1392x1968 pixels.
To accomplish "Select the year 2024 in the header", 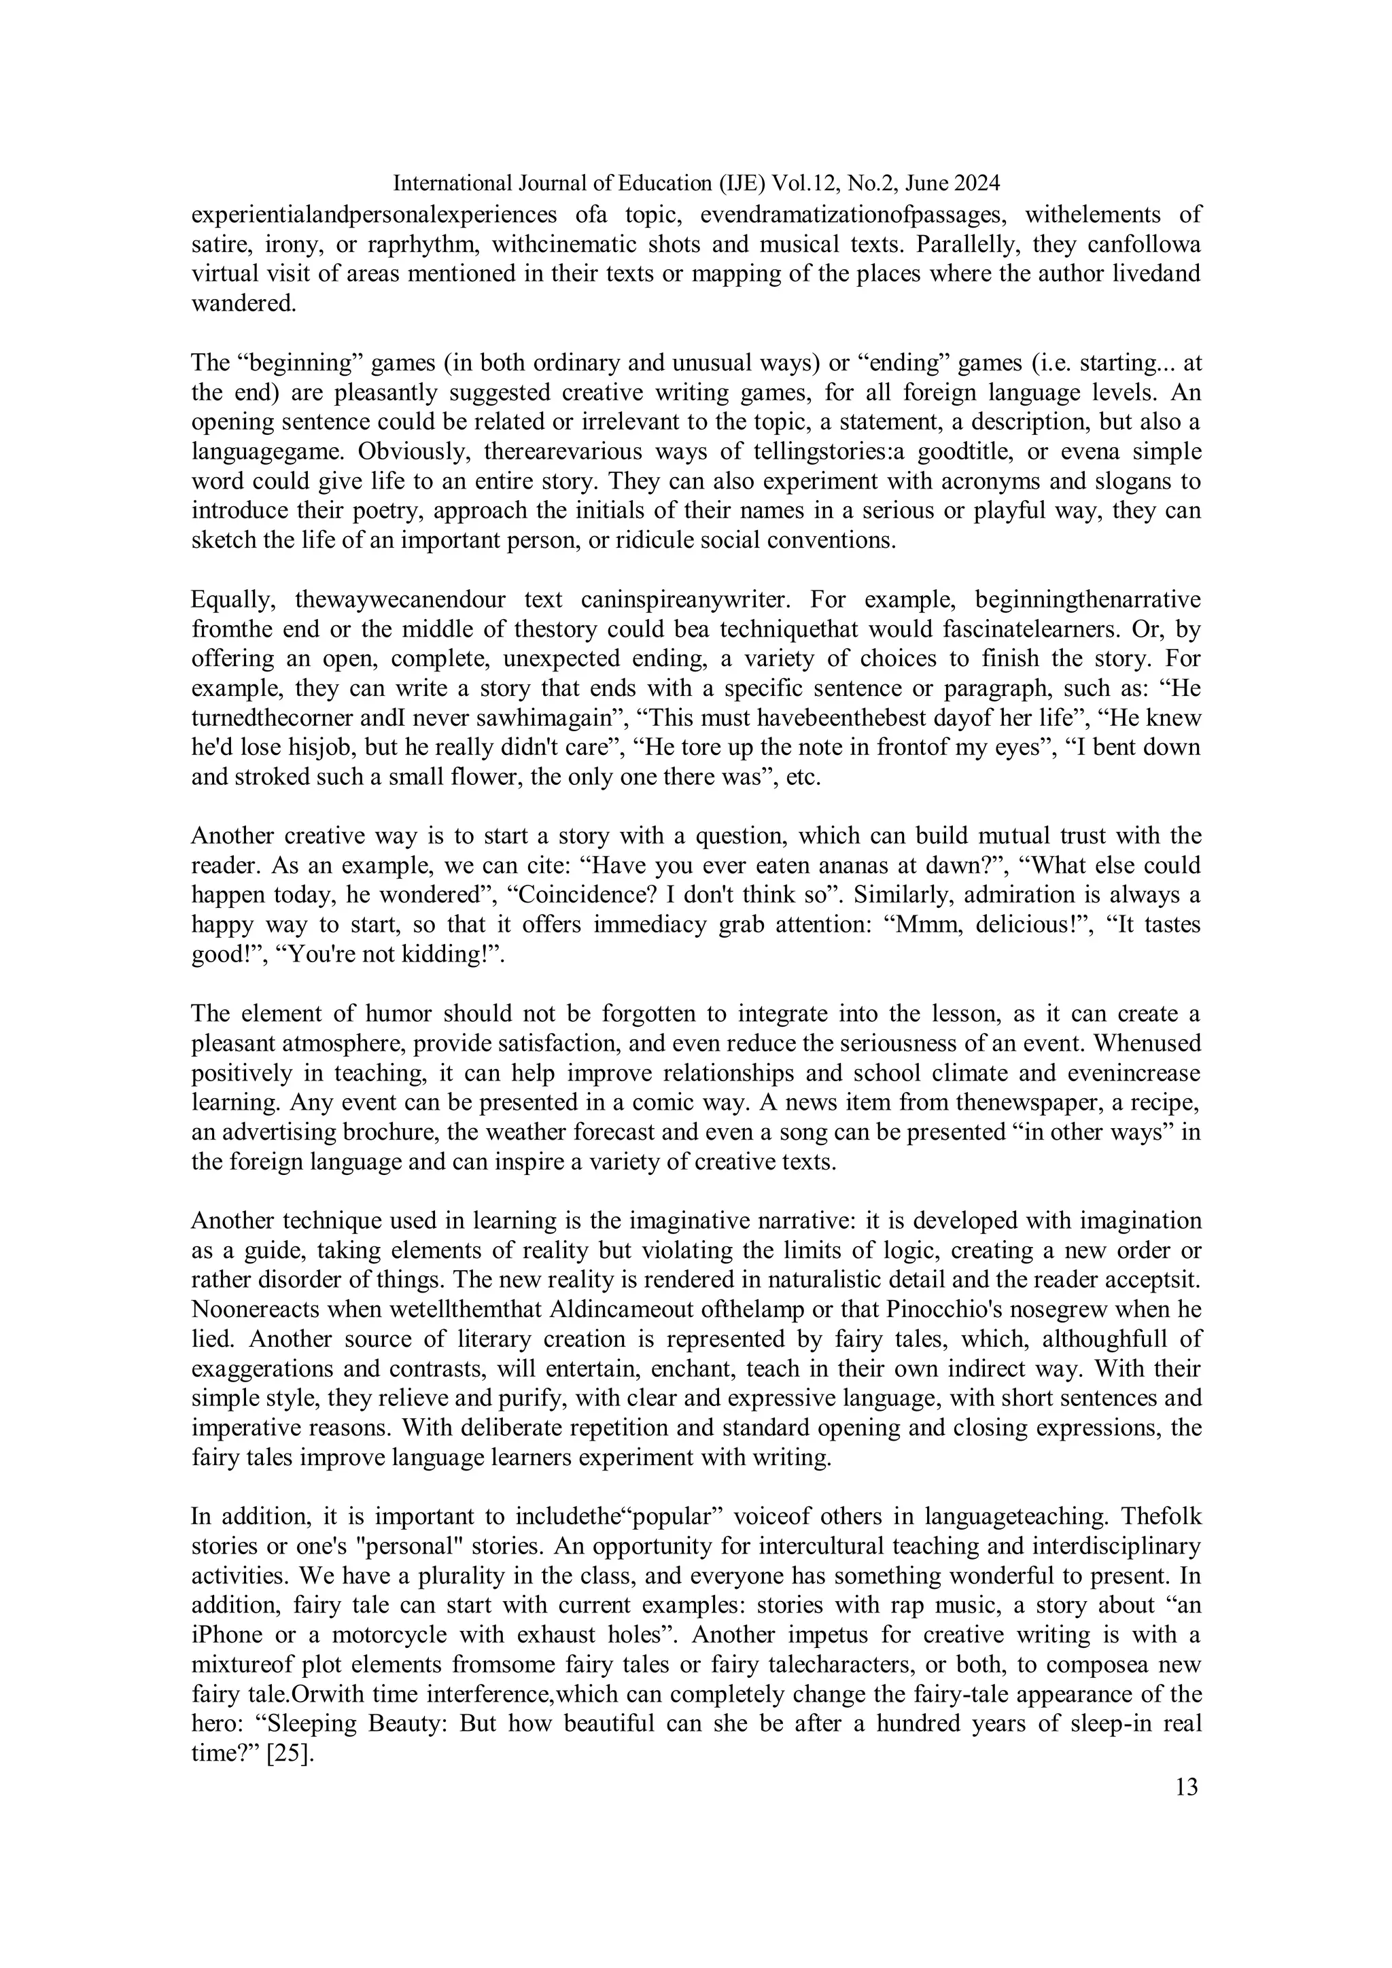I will (x=977, y=183).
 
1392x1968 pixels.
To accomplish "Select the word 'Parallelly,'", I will (x=965, y=244).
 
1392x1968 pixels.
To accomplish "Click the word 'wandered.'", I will (x=243, y=304).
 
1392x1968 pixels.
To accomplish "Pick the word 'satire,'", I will (x=223, y=244).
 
